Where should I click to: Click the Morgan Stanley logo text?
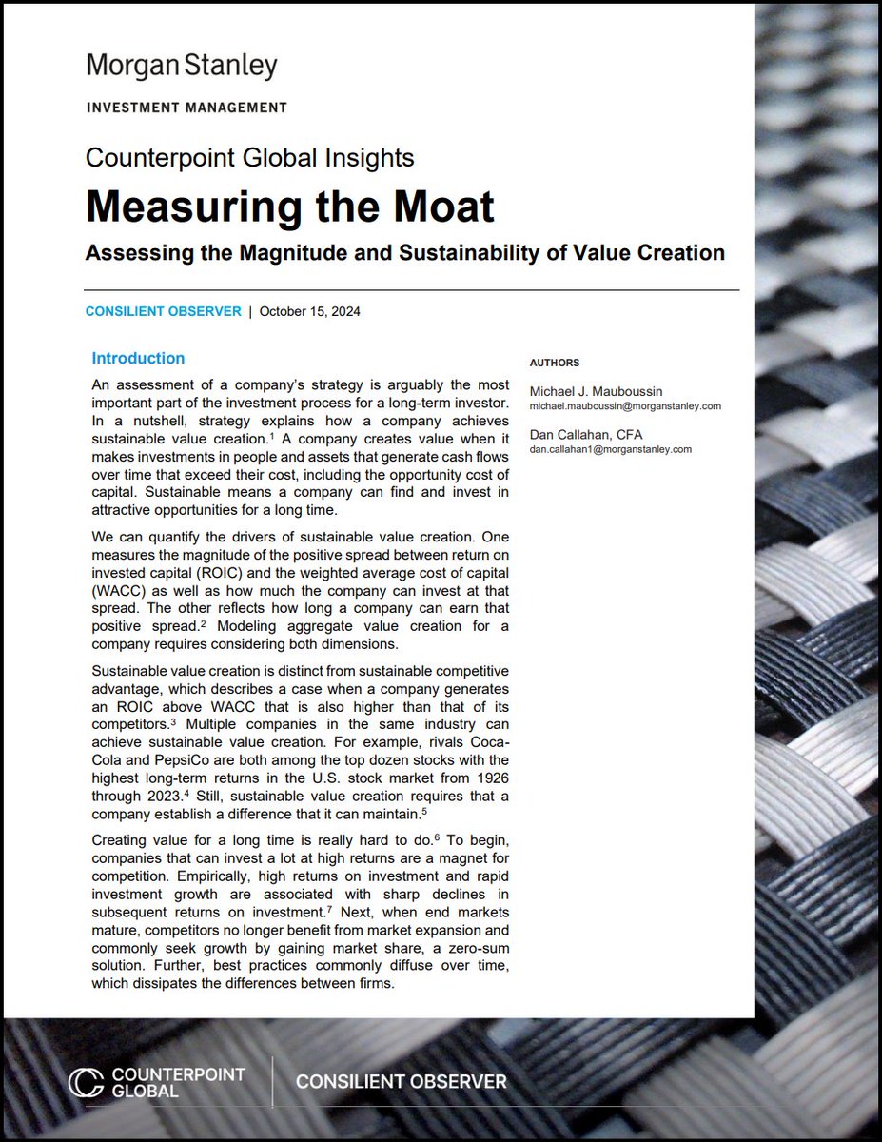[x=182, y=67]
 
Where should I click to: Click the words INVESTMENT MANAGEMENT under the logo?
[x=186, y=108]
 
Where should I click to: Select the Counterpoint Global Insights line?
[x=250, y=157]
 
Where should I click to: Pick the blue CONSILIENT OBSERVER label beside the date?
[x=164, y=311]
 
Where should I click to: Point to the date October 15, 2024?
[x=310, y=311]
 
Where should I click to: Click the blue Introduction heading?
[x=138, y=359]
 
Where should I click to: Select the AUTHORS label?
[x=554, y=363]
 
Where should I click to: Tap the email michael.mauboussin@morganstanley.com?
[x=625, y=405]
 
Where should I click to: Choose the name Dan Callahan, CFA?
[x=587, y=435]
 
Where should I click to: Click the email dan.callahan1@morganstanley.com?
[x=610, y=449]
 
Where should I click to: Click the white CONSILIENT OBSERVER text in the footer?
[x=401, y=1082]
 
